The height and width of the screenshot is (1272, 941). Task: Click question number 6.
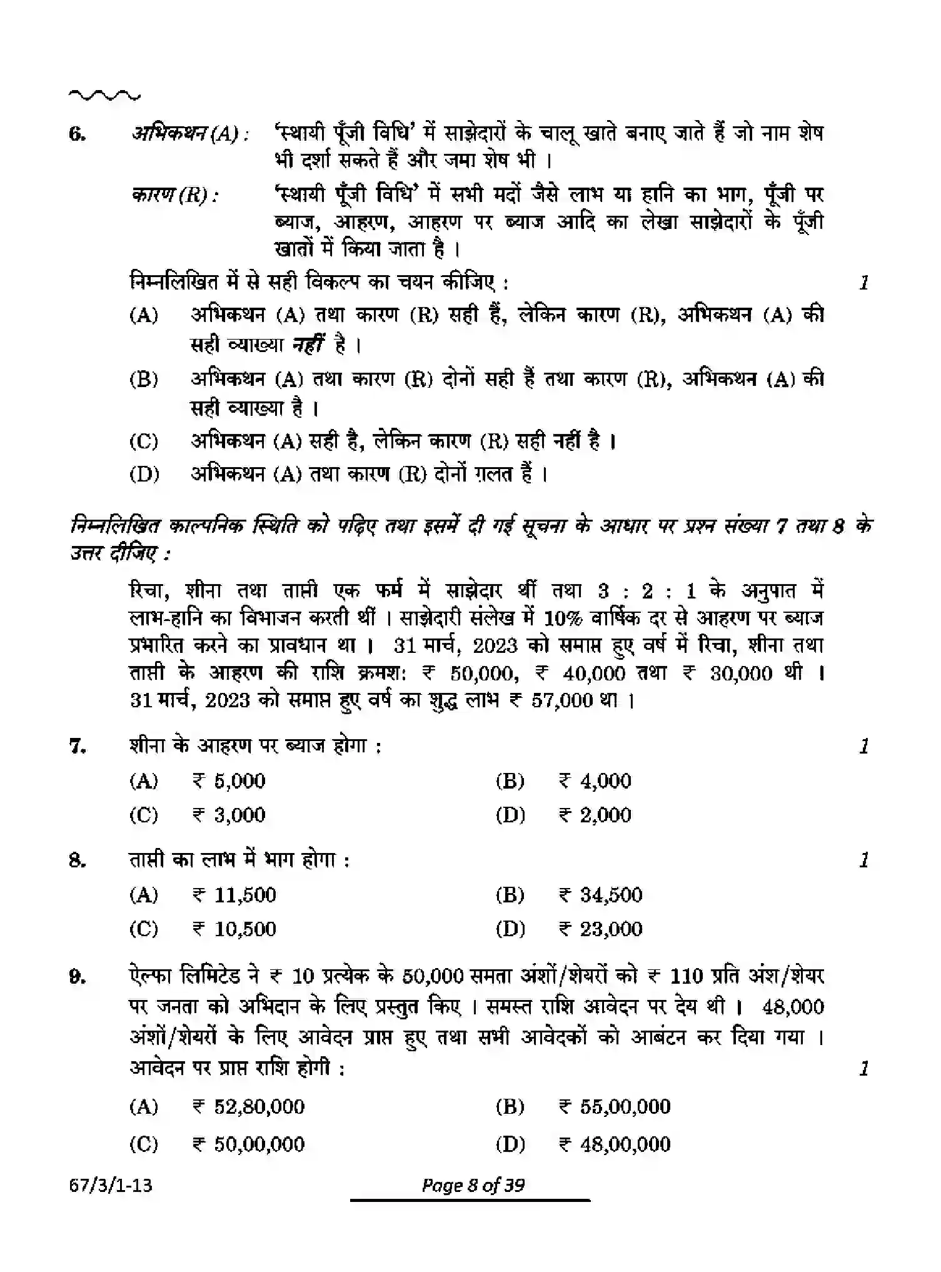coord(77,134)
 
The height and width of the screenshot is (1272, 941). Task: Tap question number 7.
coord(77,746)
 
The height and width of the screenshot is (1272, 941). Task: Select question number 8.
coord(77,861)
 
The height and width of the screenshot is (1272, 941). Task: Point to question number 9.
coord(77,976)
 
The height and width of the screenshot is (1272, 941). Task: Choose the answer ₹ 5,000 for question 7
coord(229,780)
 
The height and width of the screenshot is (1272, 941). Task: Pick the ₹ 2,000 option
coord(595,815)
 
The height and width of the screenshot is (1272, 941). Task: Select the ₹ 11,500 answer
coord(234,895)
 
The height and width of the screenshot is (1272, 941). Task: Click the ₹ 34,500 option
coord(600,895)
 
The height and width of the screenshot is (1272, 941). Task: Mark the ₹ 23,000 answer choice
coord(600,929)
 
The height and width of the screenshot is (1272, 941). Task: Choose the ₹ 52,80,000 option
coord(248,1106)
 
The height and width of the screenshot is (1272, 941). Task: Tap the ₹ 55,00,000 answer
coord(615,1106)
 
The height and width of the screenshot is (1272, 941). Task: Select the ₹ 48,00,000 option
coord(615,1144)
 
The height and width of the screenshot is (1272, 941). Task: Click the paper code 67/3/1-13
coord(111,1185)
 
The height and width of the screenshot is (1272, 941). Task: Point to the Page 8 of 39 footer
coord(473,1185)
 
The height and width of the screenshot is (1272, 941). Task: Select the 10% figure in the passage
coord(563,618)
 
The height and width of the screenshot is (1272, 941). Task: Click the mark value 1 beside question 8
coord(864,861)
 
